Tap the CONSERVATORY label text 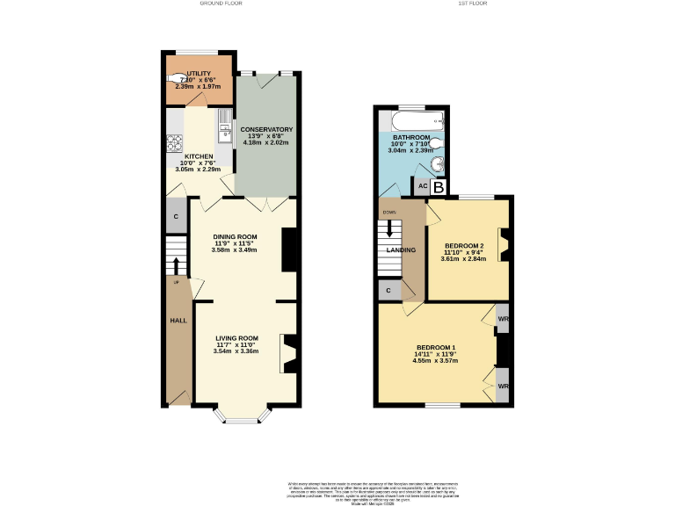coord(266,130)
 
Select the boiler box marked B coord(439,186)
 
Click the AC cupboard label coord(422,186)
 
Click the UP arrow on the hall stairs coord(177,265)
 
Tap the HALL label coord(178,321)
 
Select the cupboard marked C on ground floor coord(176,216)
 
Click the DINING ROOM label coord(235,236)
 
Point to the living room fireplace coord(288,352)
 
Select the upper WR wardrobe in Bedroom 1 coord(503,319)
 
